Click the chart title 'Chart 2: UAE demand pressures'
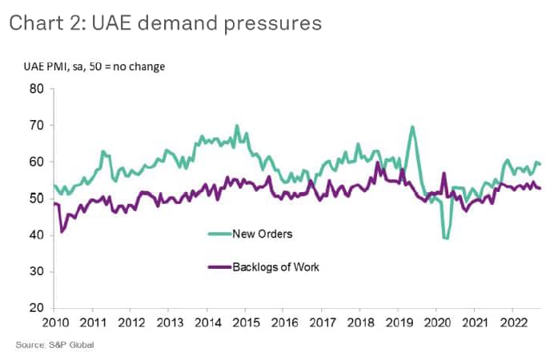tap(166, 23)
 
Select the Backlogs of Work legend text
tap(275, 266)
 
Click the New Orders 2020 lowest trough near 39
tap(446, 238)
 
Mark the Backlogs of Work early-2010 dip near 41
tap(62, 231)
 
